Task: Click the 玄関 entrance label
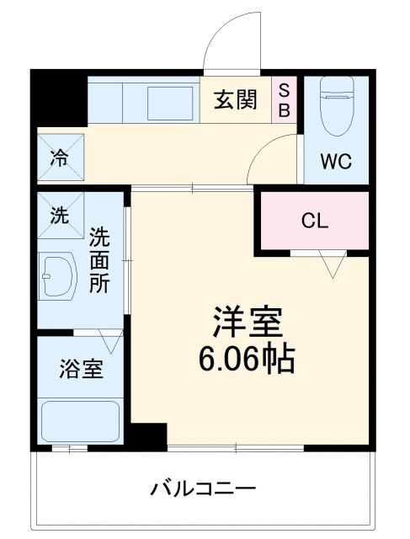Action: click(236, 101)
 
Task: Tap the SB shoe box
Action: click(284, 100)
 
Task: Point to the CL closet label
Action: click(314, 221)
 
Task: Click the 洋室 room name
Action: click(246, 322)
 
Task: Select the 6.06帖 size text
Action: click(246, 360)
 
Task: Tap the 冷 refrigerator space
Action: click(60, 157)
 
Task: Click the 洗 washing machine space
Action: click(59, 214)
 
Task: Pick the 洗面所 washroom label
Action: click(99, 259)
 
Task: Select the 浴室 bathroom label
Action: click(81, 368)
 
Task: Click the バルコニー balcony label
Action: click(203, 488)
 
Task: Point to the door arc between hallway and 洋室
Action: click(271, 159)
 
